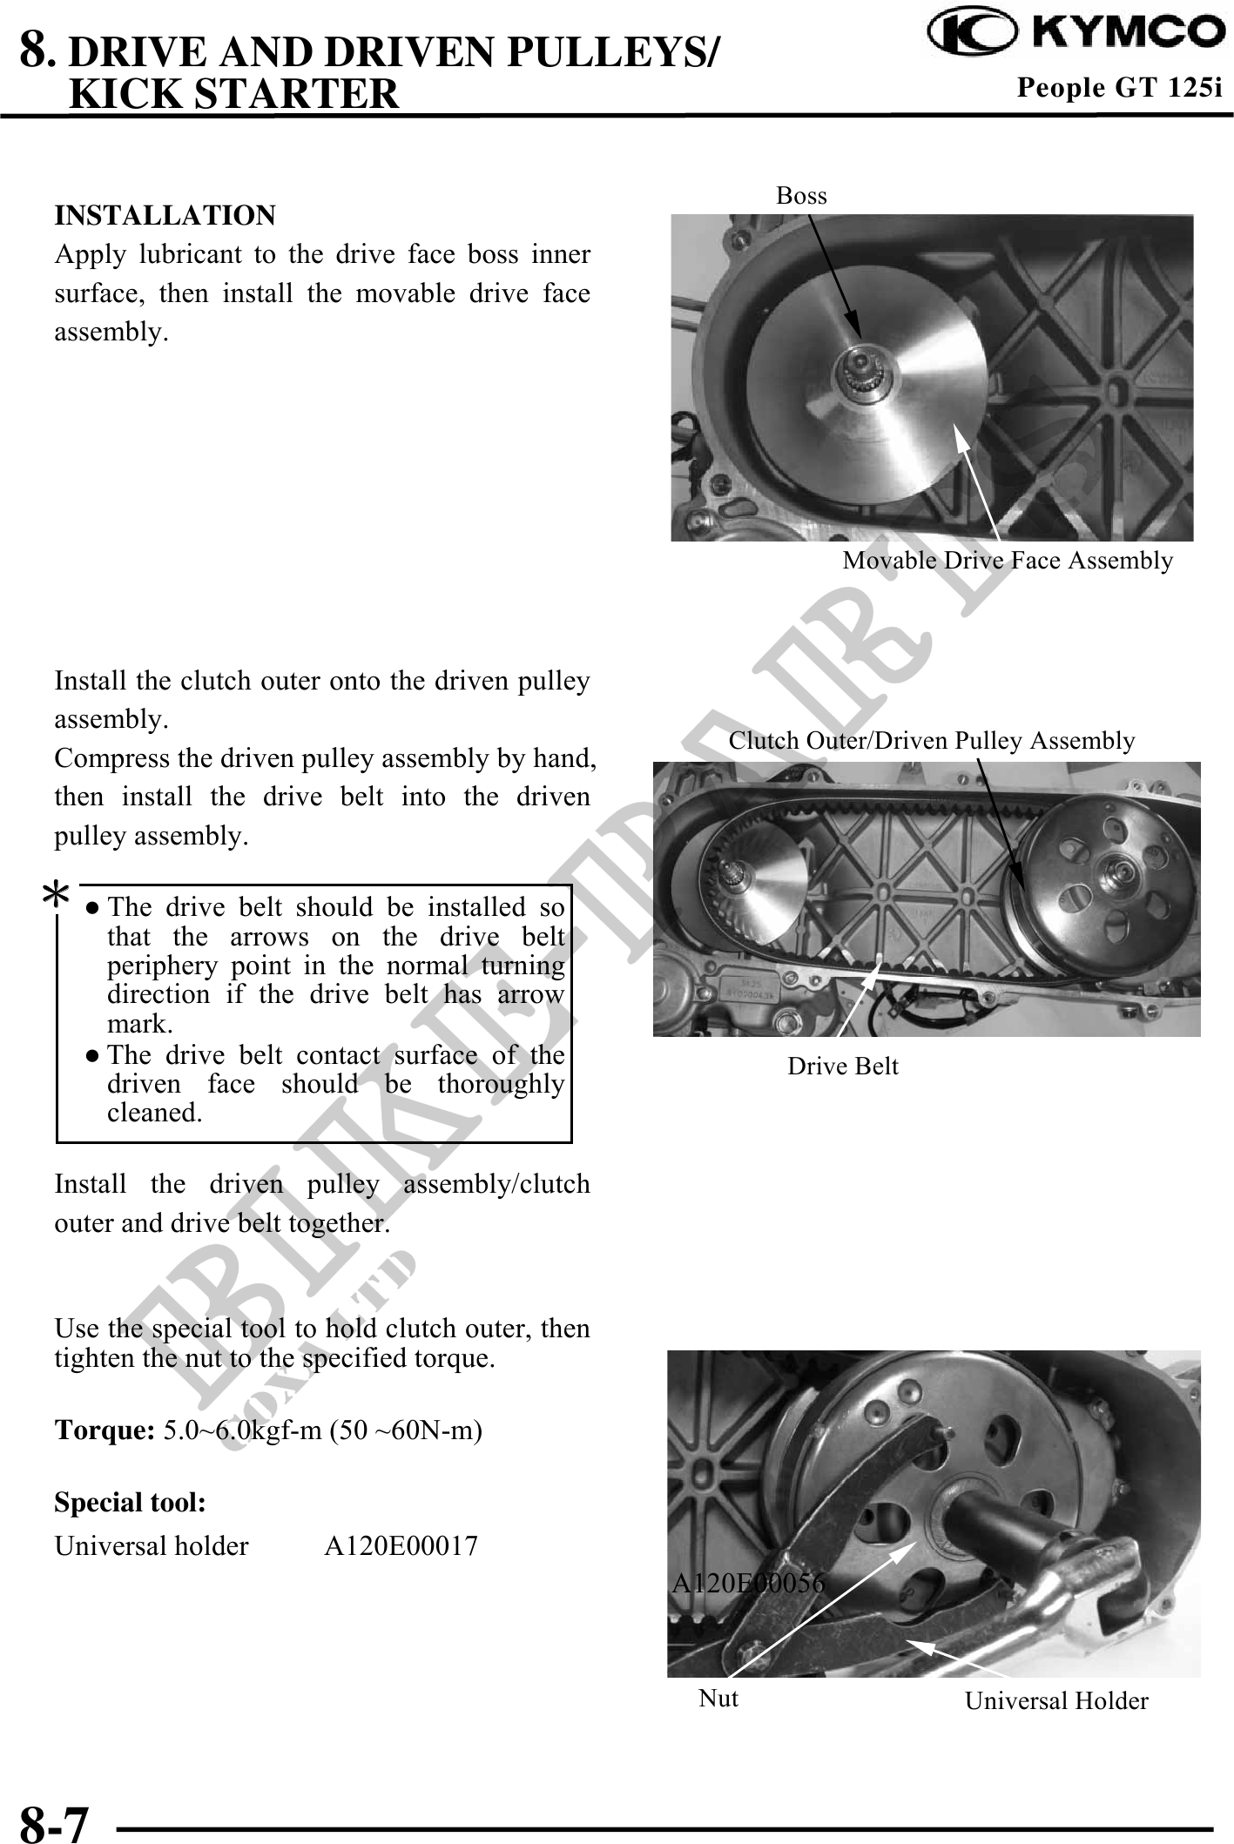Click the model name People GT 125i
(1120, 87)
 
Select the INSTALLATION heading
(165, 215)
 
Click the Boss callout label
(801, 196)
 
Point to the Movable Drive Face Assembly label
(1008, 561)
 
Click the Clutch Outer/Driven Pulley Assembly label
(931, 741)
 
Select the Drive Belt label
(842, 1066)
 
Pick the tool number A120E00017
(401, 1546)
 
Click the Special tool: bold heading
(131, 1502)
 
